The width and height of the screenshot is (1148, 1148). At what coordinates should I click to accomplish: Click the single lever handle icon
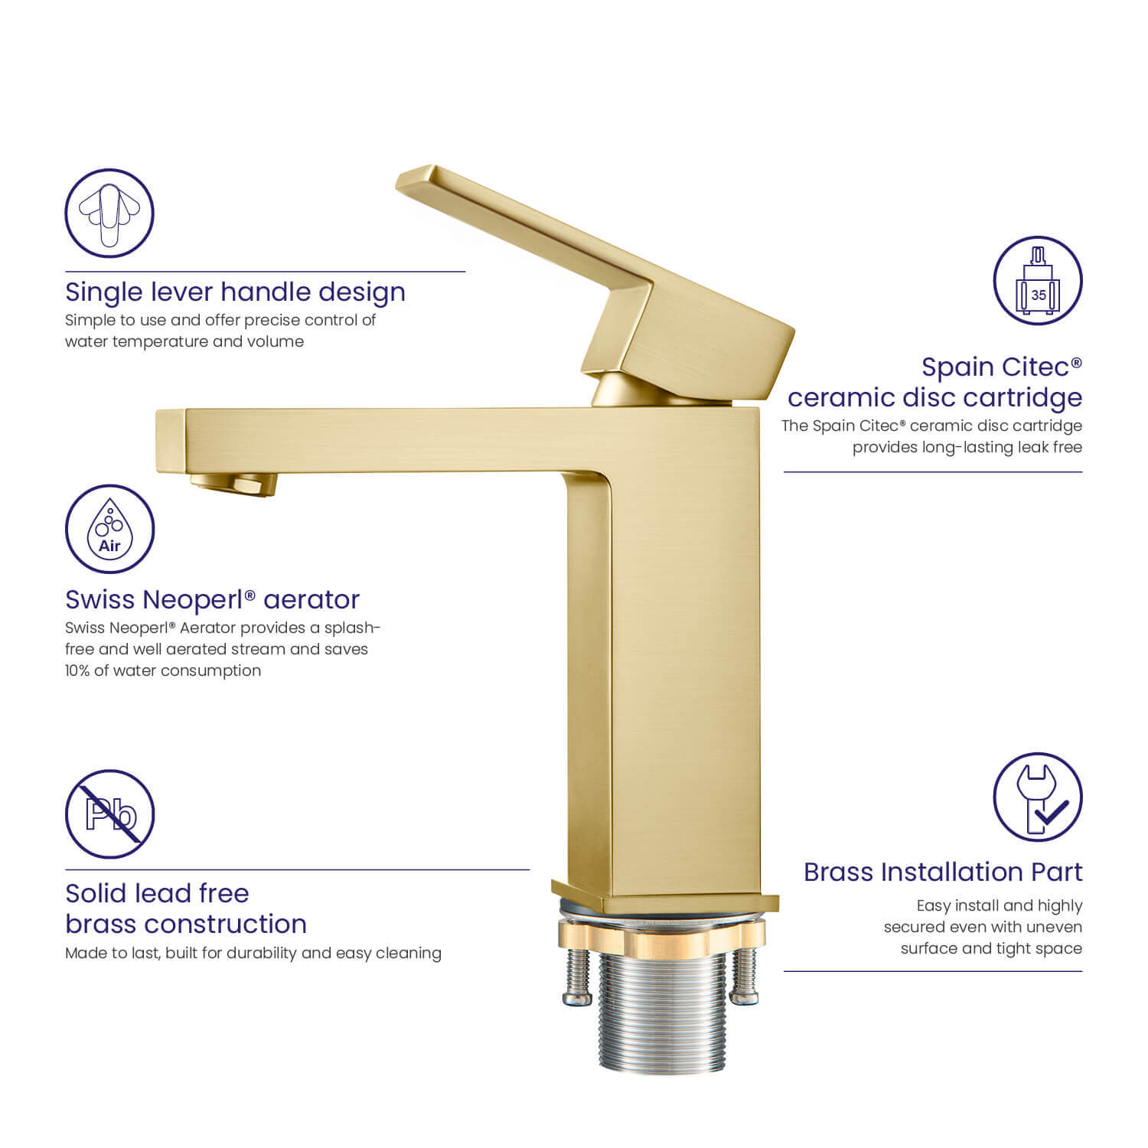click(x=109, y=213)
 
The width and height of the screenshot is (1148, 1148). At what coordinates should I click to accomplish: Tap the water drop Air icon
click(x=109, y=529)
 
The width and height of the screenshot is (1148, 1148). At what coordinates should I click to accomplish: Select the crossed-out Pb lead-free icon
click(x=109, y=814)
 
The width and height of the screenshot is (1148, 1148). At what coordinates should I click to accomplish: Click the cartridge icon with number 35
click(x=1038, y=281)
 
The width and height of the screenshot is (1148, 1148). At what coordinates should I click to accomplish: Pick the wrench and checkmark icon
click(x=1038, y=797)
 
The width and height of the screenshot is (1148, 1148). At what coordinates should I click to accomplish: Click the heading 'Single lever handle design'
click(x=235, y=292)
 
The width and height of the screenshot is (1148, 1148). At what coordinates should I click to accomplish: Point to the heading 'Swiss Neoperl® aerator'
click(x=212, y=599)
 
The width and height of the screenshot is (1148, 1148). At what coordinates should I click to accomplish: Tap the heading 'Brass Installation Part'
click(x=943, y=872)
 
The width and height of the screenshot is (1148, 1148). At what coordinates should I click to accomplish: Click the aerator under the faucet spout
click(x=234, y=484)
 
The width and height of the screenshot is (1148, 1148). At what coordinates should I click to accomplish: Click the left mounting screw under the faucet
click(x=576, y=975)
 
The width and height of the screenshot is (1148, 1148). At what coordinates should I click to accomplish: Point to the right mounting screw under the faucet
click(x=744, y=975)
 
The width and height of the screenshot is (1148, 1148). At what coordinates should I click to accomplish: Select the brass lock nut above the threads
click(x=660, y=934)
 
